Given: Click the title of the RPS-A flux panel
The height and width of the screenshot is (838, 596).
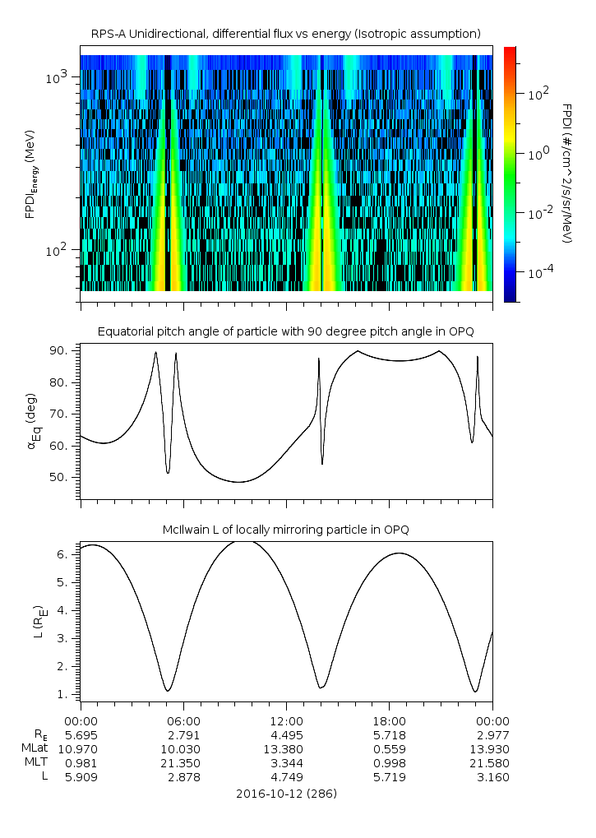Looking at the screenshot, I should (285, 34).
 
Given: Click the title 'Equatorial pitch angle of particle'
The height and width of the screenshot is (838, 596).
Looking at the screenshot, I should (285, 331).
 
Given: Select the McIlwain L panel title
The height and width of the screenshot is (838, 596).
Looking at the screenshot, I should (285, 529).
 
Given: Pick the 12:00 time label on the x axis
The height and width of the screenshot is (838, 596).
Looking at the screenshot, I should (286, 720).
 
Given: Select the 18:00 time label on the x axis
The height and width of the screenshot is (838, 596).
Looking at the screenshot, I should (389, 720).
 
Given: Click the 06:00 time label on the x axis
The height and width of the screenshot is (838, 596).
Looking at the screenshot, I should (183, 720).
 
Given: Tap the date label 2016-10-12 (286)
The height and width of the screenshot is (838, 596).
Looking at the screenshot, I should (285, 794).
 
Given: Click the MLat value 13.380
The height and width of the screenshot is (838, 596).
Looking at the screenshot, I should (286, 749).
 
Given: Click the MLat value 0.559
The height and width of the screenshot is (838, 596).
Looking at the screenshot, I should (389, 749).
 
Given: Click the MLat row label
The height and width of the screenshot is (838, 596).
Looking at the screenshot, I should (35, 749).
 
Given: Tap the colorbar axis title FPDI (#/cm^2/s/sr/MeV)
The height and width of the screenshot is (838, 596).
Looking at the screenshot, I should (567, 174).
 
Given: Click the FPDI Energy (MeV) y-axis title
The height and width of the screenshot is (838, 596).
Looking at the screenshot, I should (30, 174).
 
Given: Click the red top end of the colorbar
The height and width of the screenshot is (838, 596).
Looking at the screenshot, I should (510, 50).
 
